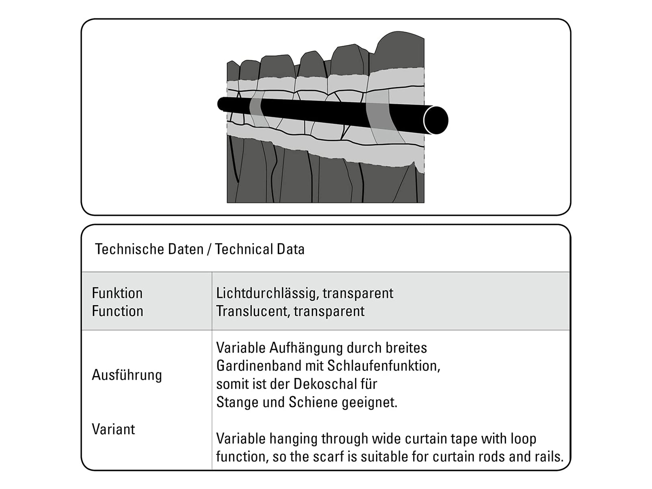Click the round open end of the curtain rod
[436, 120]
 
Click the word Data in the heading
[291, 249]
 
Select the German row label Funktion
[117, 293]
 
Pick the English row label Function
[118, 311]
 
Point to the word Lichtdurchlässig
[268, 293]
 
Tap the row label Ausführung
[127, 375]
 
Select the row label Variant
[113, 430]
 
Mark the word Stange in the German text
[233, 402]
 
